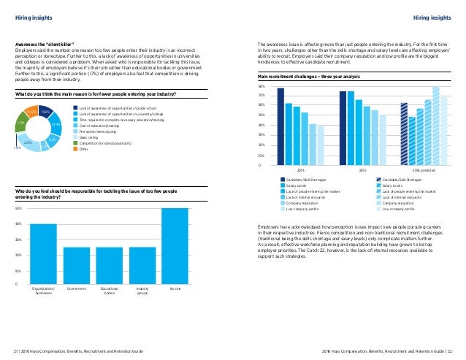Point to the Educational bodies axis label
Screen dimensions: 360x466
110,291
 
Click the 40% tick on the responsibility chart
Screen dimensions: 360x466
18,224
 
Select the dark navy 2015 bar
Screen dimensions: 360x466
343,128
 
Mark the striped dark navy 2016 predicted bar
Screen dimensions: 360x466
404,134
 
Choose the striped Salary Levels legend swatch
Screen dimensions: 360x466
377,185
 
